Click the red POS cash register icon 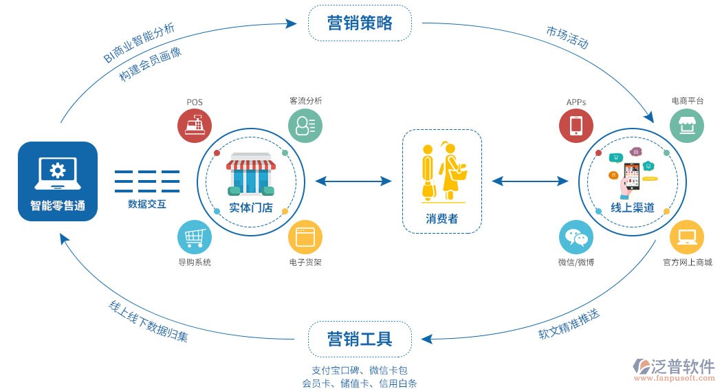195,126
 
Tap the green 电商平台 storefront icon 687,126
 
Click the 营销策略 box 360,23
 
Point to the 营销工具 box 360,339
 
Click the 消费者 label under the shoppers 441,219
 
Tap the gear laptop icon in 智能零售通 58,171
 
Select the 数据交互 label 147,204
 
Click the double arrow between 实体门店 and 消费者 353,181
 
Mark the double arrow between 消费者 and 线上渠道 530,181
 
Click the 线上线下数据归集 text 147,322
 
